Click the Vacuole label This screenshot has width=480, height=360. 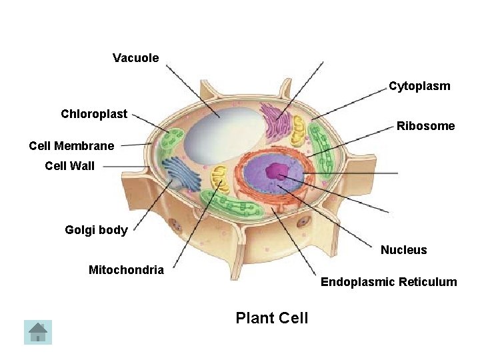coord(136,58)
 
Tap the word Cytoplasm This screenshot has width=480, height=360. coord(419,86)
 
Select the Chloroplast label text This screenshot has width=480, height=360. coord(94,114)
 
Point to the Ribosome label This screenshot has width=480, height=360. coord(425,126)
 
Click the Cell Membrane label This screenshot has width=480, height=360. coord(71,145)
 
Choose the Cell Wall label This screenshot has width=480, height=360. coord(70,166)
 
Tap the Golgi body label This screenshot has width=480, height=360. coord(96,230)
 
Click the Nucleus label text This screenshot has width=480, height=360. coord(403,250)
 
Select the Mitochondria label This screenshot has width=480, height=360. coord(126,270)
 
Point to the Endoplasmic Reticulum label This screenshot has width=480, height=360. coord(389,282)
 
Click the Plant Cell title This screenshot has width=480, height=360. coord(272,318)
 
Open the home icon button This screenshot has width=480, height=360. coord(38,332)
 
